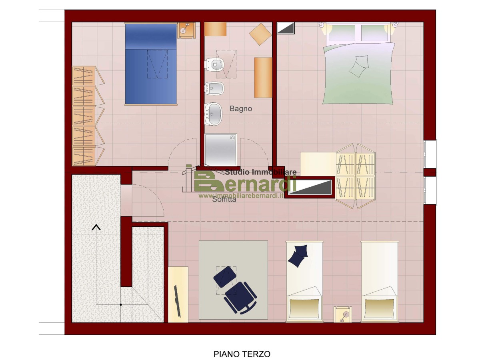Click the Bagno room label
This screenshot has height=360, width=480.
pos(240,109)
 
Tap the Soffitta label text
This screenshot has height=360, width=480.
pos(224,200)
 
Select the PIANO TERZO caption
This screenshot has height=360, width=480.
pos(242,354)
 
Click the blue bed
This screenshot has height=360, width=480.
pos(151,64)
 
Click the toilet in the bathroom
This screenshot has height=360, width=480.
pos(214,64)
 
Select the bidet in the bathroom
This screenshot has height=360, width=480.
pos(214,88)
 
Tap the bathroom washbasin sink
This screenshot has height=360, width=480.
pos(213,114)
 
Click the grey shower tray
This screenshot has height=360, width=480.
pos(221,150)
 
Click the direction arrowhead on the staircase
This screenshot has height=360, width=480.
pos(96,227)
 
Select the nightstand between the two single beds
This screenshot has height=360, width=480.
pos(343,314)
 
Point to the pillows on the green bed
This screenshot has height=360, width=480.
pos(359,66)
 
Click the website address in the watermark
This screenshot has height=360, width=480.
pos(241,196)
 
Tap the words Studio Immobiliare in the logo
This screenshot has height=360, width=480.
pos(261,172)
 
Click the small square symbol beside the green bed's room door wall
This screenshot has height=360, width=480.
pos(286,28)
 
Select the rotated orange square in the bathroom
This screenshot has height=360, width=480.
pos(260,34)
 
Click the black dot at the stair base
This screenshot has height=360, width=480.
pos(120,304)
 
